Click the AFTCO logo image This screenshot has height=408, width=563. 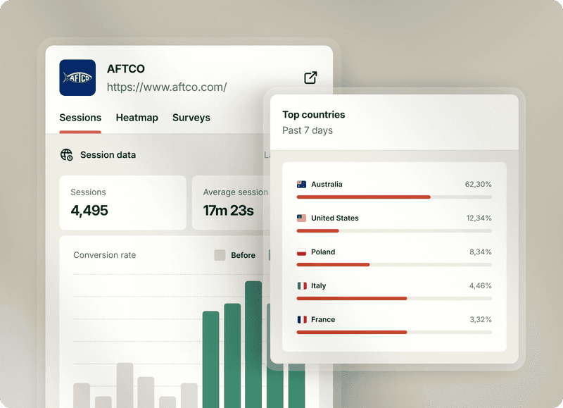click(77, 78)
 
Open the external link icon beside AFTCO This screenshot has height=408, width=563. click(310, 78)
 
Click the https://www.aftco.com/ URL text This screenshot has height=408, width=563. click(167, 87)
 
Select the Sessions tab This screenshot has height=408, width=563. click(80, 118)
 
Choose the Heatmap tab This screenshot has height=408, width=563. click(137, 118)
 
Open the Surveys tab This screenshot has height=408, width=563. click(191, 118)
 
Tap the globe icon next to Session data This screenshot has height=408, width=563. click(67, 155)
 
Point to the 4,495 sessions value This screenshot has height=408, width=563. click(89, 211)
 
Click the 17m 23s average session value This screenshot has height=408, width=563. click(228, 211)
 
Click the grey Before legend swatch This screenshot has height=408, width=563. click(220, 255)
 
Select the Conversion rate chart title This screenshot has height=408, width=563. click(105, 255)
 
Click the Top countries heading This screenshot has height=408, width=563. click(314, 115)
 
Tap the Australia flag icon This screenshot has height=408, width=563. click(302, 185)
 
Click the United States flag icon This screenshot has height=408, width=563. click(302, 218)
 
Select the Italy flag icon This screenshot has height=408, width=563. click(302, 286)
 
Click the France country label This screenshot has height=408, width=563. click(323, 320)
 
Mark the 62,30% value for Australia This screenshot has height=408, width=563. click(478, 185)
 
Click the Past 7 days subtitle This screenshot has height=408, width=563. click(308, 130)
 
